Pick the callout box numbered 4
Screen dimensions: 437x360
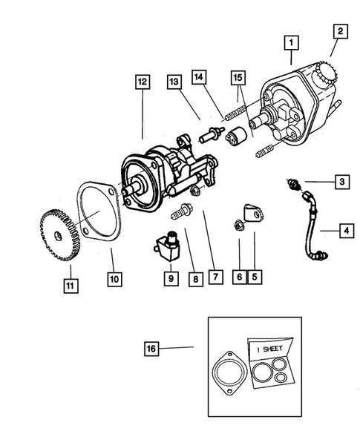point(345,231)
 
